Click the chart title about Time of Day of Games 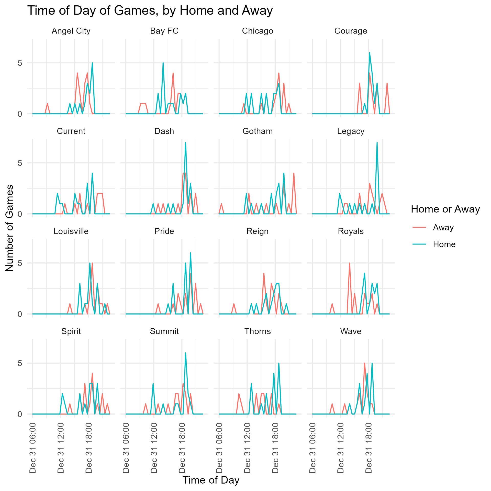[x=150, y=11]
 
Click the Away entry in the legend [x=443, y=227]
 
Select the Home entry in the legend [x=444, y=244]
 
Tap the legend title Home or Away [x=445, y=209]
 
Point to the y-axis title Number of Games [x=10, y=228]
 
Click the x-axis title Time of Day [x=211, y=480]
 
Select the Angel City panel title [x=71, y=31]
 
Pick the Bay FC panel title [x=164, y=31]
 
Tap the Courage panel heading [x=351, y=31]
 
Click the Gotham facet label [x=258, y=131]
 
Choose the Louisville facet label [x=71, y=231]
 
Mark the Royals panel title [x=351, y=231]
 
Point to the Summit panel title [x=164, y=331]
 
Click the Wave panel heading [x=351, y=331]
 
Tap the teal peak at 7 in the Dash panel [x=185, y=143]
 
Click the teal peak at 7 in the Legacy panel [x=377, y=143]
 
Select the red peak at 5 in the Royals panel [x=349, y=263]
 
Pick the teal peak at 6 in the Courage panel [x=370, y=53]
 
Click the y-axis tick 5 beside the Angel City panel [x=20, y=63]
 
